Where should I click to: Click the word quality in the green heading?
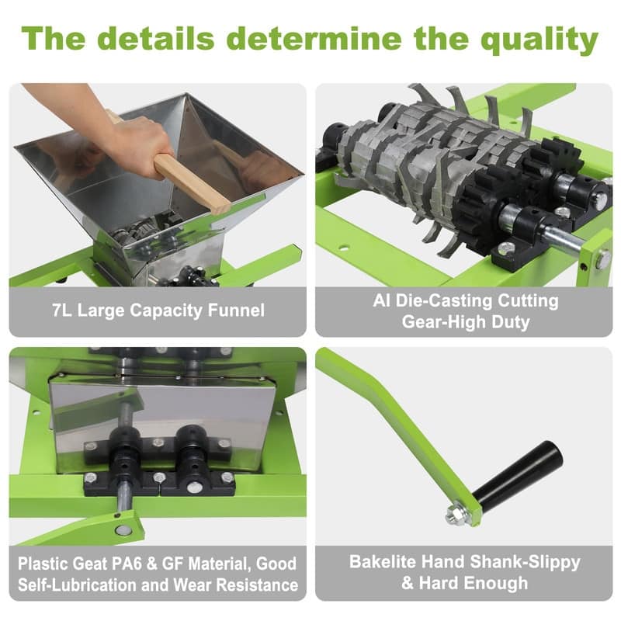coord(539,40)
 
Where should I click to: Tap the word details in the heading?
coord(156,38)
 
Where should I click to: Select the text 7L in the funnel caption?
coord(62,310)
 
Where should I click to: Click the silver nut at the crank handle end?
coord(456,515)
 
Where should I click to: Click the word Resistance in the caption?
coord(258,585)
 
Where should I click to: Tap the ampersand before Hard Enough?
coord(408,584)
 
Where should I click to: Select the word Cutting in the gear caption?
coord(528,301)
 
